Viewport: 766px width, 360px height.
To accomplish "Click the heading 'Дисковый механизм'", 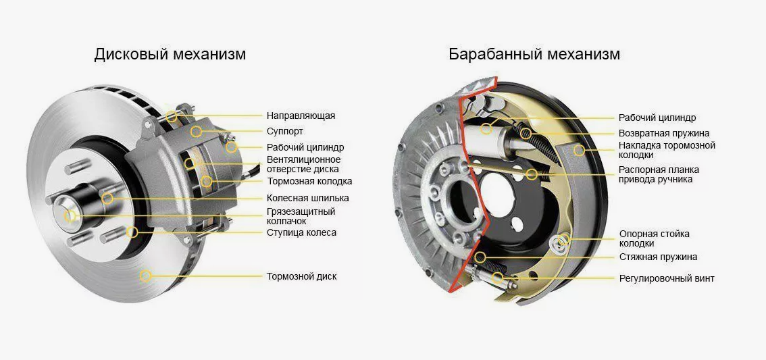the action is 170,54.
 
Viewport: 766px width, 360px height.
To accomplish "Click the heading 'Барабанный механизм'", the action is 534,54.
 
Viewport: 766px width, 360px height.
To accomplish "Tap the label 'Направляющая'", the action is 301,115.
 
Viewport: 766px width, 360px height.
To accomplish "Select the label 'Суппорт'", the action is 285,132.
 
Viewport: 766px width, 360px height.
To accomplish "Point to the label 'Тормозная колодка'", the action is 309,181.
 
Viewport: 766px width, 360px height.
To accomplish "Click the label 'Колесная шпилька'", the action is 308,199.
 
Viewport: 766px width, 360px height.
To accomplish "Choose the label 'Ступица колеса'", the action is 301,232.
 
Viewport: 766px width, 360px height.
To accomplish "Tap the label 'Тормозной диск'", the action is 301,276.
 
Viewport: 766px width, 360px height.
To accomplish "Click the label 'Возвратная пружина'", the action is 664,133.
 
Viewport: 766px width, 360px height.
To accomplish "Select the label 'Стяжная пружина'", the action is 658,257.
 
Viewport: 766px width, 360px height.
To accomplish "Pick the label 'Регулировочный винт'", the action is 667,278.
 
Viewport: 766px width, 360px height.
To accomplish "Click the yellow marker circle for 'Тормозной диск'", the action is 145,276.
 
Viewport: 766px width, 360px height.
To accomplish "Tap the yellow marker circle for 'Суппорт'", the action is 197,131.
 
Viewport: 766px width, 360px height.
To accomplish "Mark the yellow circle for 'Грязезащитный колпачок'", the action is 70,215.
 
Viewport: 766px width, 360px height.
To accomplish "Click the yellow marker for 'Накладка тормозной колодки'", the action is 579,150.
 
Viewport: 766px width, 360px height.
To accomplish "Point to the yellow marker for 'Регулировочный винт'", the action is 497,278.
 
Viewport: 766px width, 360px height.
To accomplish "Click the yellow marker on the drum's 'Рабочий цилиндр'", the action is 486,129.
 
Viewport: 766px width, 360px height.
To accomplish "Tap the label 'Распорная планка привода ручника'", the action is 659,174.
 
